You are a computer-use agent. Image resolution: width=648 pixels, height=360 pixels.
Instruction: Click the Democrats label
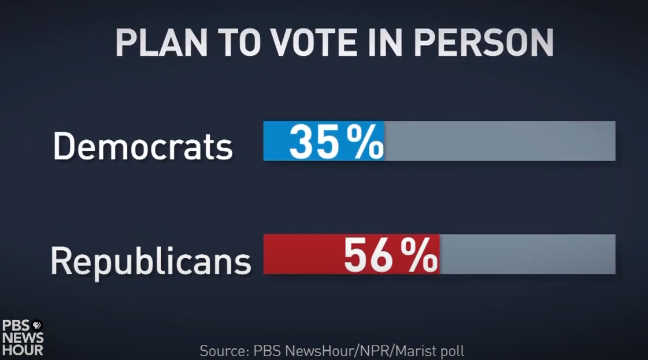click(x=143, y=146)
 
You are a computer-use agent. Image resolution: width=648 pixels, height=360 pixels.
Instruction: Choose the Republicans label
click(x=150, y=260)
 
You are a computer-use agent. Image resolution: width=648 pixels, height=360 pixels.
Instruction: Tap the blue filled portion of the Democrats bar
click(x=276, y=141)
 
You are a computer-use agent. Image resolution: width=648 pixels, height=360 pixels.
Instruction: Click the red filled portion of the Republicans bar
click(x=301, y=254)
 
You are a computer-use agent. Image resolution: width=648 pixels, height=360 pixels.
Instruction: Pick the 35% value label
click(x=336, y=142)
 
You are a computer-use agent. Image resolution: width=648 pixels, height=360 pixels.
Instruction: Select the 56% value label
click(x=391, y=255)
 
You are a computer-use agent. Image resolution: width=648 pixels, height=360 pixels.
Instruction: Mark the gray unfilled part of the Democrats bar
click(x=500, y=141)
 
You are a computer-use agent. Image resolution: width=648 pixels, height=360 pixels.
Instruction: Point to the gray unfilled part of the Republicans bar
click(x=527, y=254)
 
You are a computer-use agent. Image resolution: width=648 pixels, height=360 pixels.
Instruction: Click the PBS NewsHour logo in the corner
click(x=23, y=337)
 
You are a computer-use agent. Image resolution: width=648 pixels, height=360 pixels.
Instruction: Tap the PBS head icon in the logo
click(x=37, y=325)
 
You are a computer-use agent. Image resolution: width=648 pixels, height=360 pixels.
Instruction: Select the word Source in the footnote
click(x=222, y=351)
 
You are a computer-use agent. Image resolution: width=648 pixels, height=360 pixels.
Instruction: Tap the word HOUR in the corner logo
click(x=23, y=349)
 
